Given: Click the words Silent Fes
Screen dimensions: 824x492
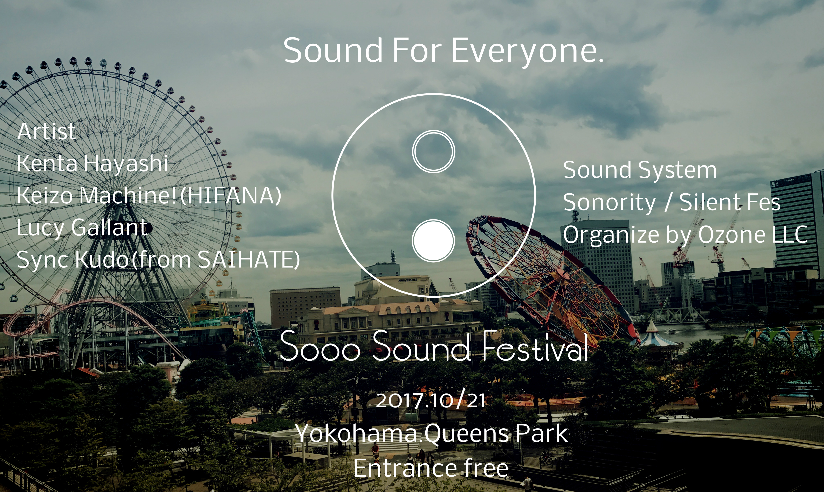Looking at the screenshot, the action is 730,202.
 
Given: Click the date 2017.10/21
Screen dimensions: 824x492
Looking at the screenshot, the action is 431,400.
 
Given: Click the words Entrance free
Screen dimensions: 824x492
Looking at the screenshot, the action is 431,468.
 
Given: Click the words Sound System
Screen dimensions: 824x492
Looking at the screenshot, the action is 640,170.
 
